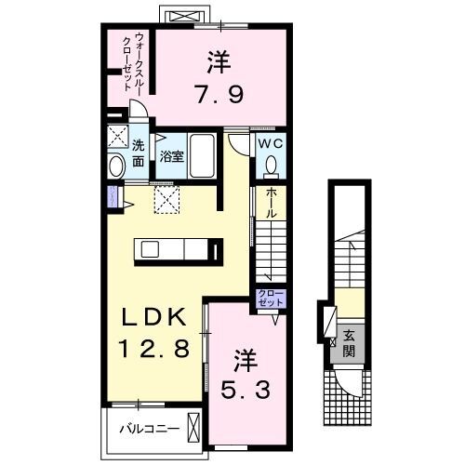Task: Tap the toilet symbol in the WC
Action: pyautogui.click(x=271, y=165)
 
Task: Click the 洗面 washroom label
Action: pyautogui.click(x=138, y=153)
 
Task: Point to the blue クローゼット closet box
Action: pyautogui.click(x=272, y=299)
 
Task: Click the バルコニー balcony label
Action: pyautogui.click(x=144, y=430)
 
